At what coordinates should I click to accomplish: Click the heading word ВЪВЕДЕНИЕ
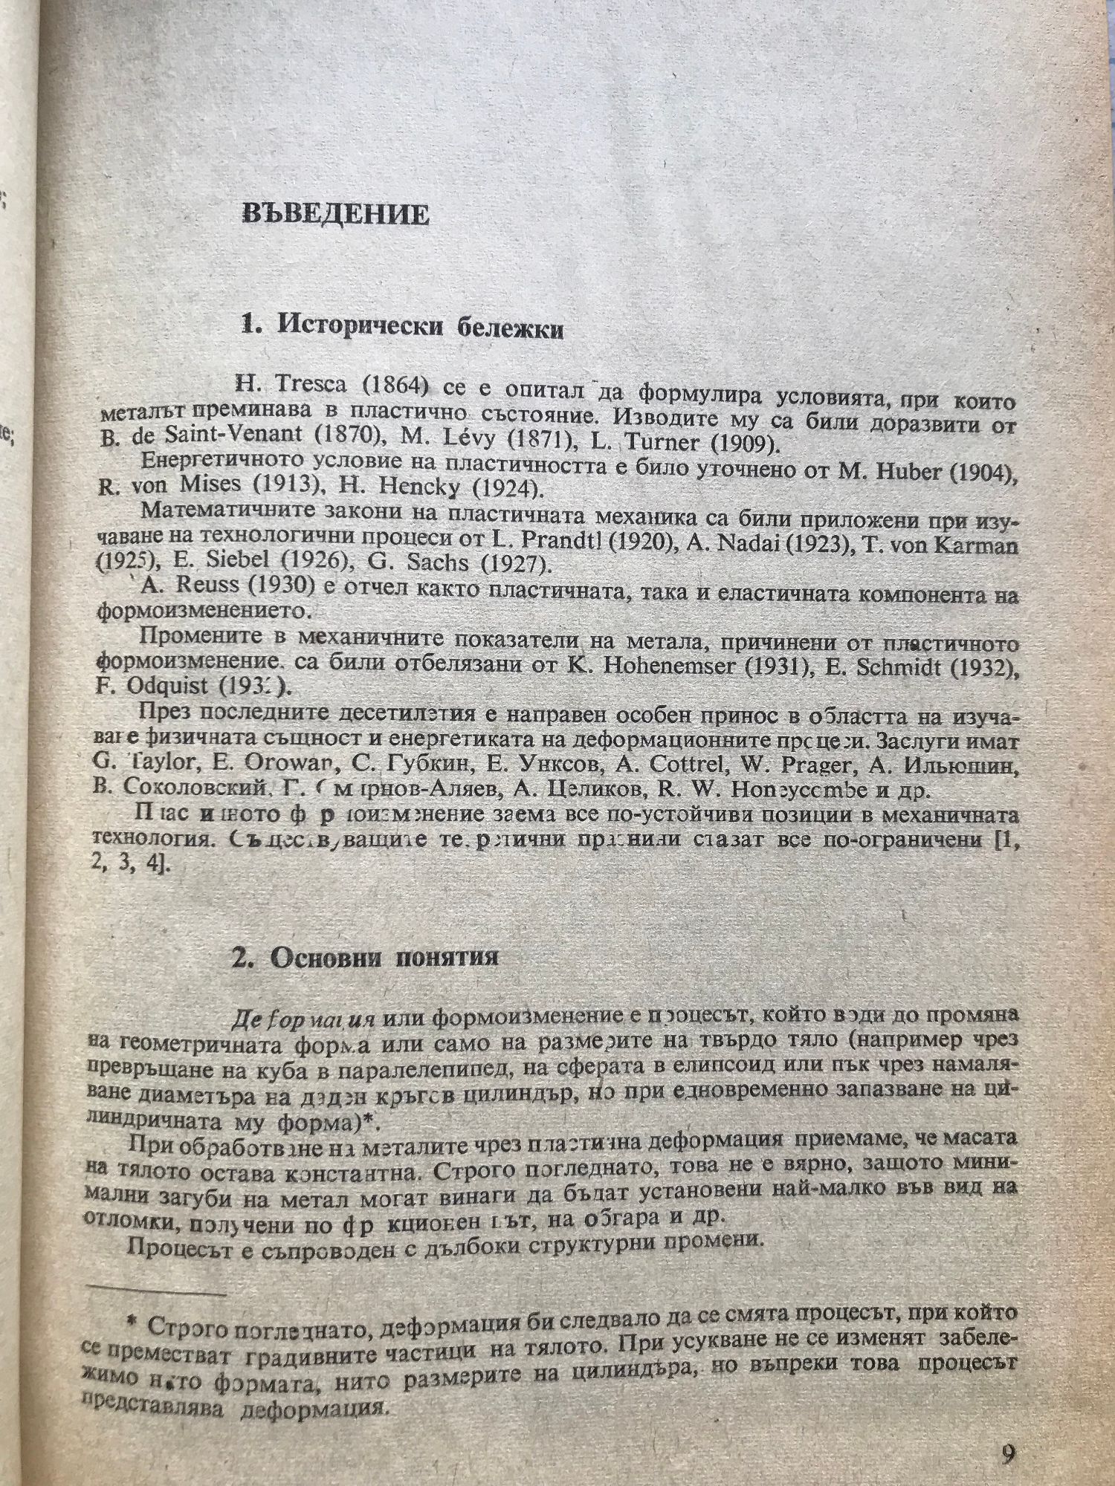[x=336, y=215]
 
